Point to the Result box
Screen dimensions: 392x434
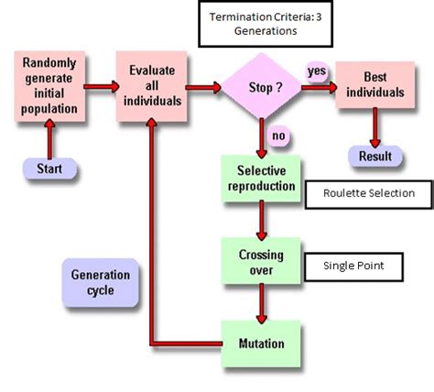[374, 157]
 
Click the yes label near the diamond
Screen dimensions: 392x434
[317, 70]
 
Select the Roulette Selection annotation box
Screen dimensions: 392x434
[369, 193]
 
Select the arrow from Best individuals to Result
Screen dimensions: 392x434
[374, 133]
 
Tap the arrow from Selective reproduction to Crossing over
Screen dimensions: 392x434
[262, 220]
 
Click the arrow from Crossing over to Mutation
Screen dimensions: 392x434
[262, 302]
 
